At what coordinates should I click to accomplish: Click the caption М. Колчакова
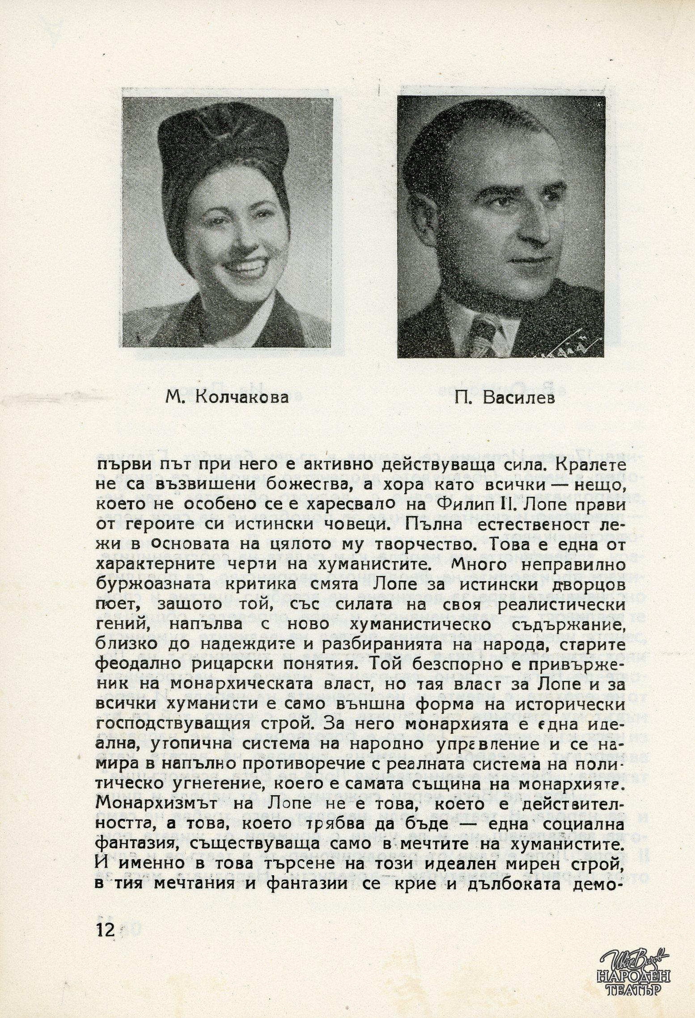227,397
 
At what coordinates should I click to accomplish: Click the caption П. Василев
504,397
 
